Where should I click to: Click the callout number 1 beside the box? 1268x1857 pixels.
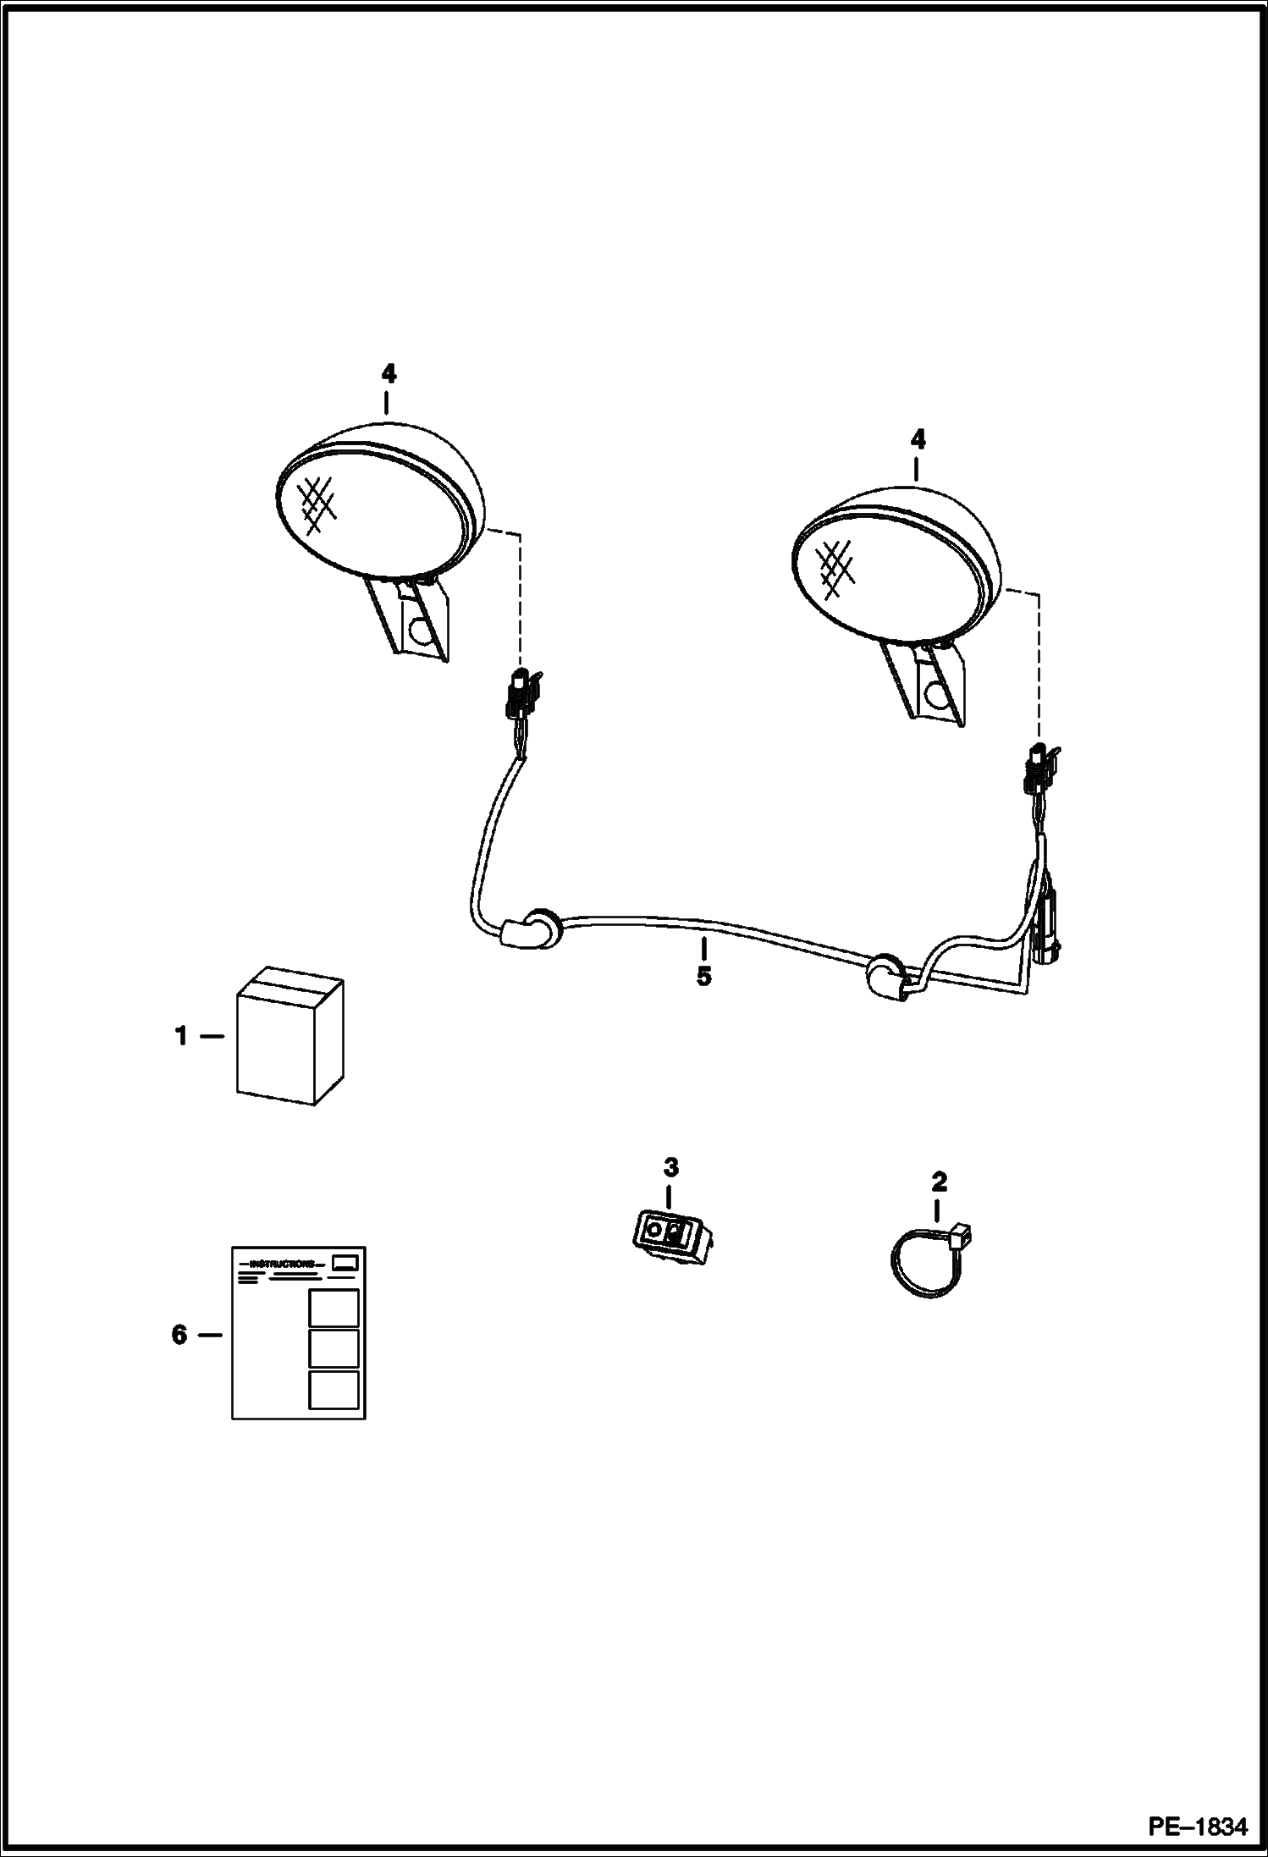(180, 1035)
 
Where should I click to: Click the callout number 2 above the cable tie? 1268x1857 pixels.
(939, 1181)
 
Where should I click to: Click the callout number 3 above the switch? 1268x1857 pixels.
(670, 1167)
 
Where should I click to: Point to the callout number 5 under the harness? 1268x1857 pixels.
(703, 976)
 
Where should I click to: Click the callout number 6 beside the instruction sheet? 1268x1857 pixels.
(179, 1335)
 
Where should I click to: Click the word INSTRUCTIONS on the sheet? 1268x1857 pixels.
(282, 1264)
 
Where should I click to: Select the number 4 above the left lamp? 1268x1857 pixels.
(388, 373)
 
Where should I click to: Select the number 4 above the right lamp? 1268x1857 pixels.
(918, 439)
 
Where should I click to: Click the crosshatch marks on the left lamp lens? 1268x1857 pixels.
(315, 504)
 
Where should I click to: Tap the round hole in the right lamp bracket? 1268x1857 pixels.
(937, 695)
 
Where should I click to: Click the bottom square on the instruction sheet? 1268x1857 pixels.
(334, 1391)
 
